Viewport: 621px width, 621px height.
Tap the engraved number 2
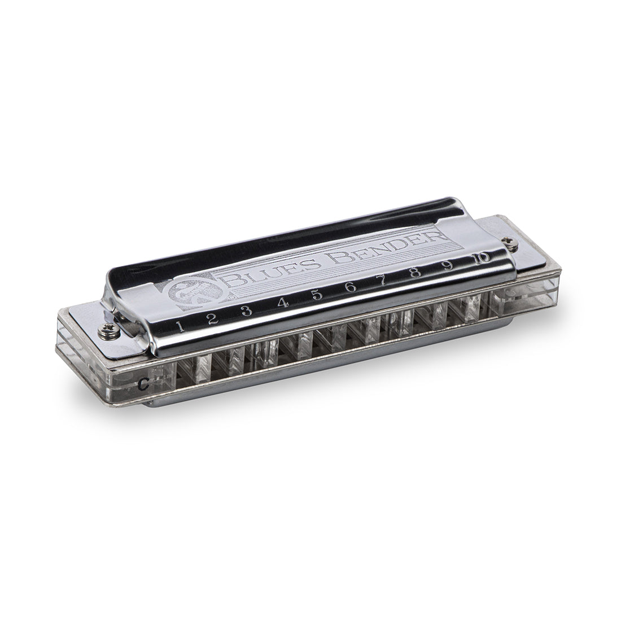pyautogui.click(x=212, y=318)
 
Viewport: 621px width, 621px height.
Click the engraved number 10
pyautogui.click(x=482, y=258)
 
